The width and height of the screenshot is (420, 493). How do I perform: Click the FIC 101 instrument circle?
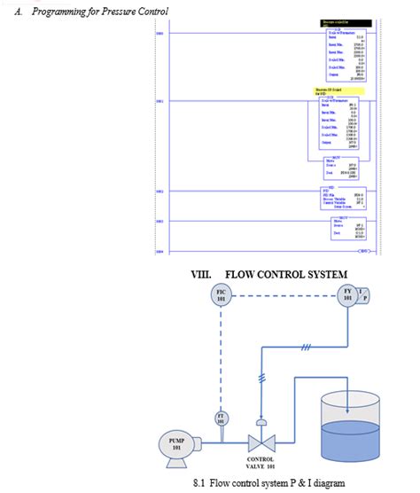click(222, 295)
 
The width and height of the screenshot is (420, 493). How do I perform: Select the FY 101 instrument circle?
click(348, 295)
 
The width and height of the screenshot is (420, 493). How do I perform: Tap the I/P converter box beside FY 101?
click(366, 295)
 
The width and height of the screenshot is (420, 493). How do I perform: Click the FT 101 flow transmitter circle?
click(222, 418)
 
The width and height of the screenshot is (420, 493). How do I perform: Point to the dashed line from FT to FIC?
click(222, 355)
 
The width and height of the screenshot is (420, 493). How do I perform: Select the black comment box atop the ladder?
click(334, 22)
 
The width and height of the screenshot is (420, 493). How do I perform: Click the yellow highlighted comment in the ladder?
click(333, 90)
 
